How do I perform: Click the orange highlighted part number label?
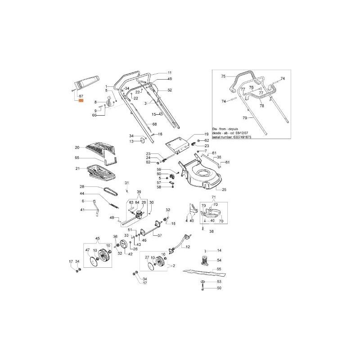(x=81, y=101)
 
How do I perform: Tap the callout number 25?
(x=224, y=189)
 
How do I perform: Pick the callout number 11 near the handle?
(x=170, y=72)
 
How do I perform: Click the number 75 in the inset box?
(x=222, y=77)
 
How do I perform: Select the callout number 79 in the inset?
(x=245, y=118)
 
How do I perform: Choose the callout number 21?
(x=77, y=169)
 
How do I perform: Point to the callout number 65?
(x=77, y=158)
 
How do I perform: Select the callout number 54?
(x=219, y=260)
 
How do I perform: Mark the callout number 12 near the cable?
(x=188, y=247)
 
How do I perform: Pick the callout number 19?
(x=207, y=134)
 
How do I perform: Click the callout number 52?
(x=170, y=90)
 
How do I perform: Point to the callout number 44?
(x=83, y=193)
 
